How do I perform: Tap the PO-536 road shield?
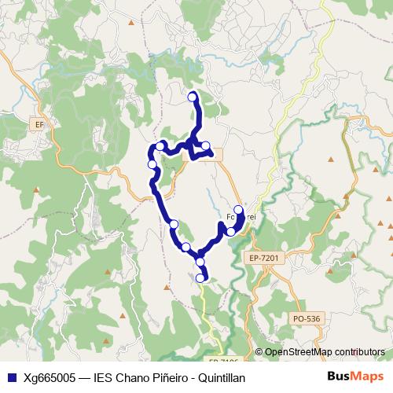pyautogui.click(x=307, y=318)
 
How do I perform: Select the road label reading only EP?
pyautogui.click(x=40, y=124)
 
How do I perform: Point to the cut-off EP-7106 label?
pyautogui.click(x=223, y=361)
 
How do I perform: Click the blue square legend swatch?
pyautogui.click(x=11, y=378)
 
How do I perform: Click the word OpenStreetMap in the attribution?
pyautogui.click(x=298, y=352)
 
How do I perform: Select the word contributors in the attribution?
pyautogui.click(x=359, y=352)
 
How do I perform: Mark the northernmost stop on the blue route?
pyautogui.click(x=193, y=97)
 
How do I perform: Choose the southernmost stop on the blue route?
pyautogui.click(x=200, y=277)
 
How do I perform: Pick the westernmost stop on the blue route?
pyautogui.click(x=152, y=164)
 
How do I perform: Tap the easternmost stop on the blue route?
pyautogui.click(x=238, y=210)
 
